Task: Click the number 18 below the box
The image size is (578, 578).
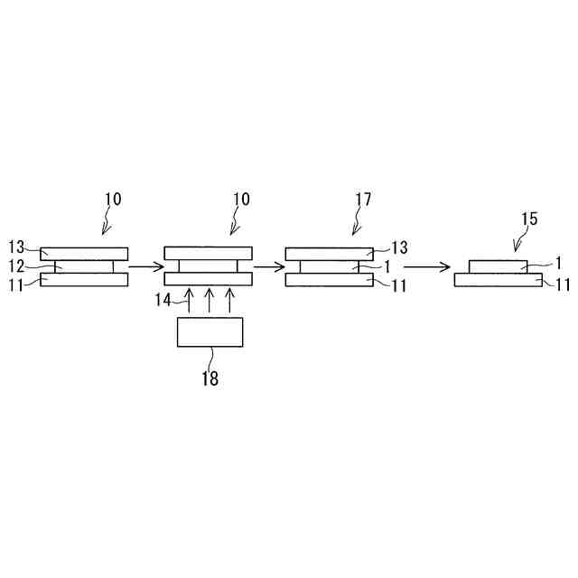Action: point(210,378)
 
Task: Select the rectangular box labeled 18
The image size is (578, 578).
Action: point(210,331)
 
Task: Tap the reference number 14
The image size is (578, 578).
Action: point(163,298)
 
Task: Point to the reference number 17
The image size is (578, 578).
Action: point(362,199)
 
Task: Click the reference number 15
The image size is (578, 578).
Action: point(529,219)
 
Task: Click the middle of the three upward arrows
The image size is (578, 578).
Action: point(210,300)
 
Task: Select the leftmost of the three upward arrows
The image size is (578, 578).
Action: point(189,300)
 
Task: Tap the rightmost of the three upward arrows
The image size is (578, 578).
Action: point(230,300)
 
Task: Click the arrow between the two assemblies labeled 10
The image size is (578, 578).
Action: point(145,267)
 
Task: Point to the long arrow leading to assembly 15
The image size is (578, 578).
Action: point(426,267)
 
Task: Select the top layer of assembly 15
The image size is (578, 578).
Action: point(498,266)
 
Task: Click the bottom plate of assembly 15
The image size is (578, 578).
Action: point(498,279)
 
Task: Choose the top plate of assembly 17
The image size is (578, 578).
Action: point(329,253)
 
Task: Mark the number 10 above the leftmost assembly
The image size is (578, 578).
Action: point(112,199)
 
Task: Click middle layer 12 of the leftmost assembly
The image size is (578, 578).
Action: point(84,266)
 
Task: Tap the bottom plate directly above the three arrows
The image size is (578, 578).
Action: point(208,279)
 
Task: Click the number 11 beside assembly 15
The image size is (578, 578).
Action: point(561,285)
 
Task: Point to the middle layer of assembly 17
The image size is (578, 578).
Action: point(329,266)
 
